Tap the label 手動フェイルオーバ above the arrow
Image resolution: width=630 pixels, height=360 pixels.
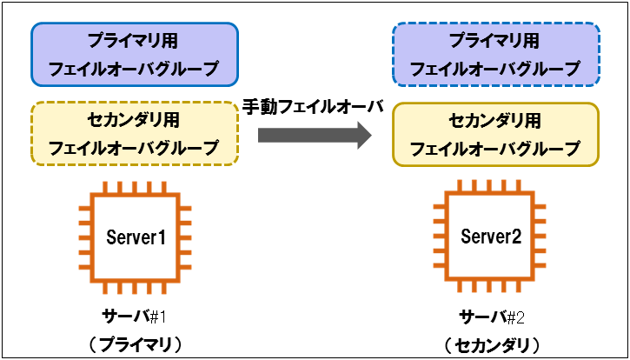click(312, 107)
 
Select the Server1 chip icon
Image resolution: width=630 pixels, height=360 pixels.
click(136, 237)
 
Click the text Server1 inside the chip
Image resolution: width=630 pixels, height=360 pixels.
click(136, 237)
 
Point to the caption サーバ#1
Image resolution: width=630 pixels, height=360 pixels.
click(136, 314)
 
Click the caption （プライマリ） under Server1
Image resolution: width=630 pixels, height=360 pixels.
click(136, 343)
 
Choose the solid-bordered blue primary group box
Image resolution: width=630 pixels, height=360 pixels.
click(135, 54)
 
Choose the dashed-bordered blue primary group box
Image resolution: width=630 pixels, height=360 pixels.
click(495, 54)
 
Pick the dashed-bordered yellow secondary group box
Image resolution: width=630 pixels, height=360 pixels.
click(135, 134)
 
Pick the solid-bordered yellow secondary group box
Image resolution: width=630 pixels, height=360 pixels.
click(495, 135)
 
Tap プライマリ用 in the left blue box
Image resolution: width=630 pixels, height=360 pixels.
click(135, 40)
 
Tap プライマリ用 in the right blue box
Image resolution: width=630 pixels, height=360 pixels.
click(495, 40)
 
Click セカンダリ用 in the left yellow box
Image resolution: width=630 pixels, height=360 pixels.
click(135, 120)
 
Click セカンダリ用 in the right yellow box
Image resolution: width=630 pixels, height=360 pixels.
click(495, 121)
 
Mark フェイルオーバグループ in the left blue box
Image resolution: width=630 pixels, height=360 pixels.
click(135, 68)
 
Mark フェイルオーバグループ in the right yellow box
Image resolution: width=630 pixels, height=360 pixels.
click(495, 149)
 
